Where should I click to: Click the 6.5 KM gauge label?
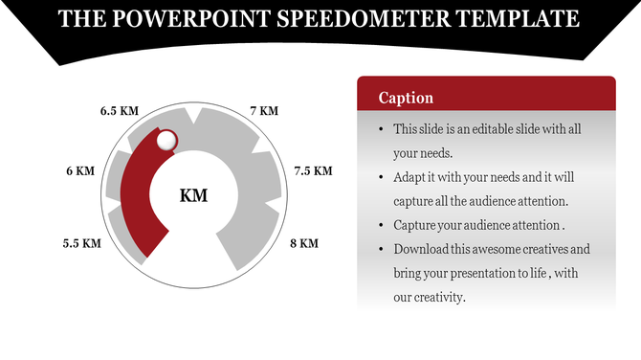click(x=121, y=111)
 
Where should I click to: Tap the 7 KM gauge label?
click(x=264, y=111)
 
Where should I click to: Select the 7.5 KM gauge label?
click(x=313, y=171)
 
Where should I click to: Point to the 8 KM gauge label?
click(x=303, y=243)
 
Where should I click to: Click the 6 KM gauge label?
click(x=80, y=171)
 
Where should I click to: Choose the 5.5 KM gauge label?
click(x=82, y=243)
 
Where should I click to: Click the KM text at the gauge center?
click(x=194, y=196)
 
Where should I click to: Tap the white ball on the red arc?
click(x=166, y=141)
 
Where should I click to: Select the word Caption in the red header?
click(x=406, y=98)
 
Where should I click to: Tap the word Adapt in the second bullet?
click(x=409, y=177)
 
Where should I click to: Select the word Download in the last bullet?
click(x=421, y=249)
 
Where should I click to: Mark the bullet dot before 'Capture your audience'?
click(x=382, y=226)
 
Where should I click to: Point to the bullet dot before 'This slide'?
click(x=382, y=129)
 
